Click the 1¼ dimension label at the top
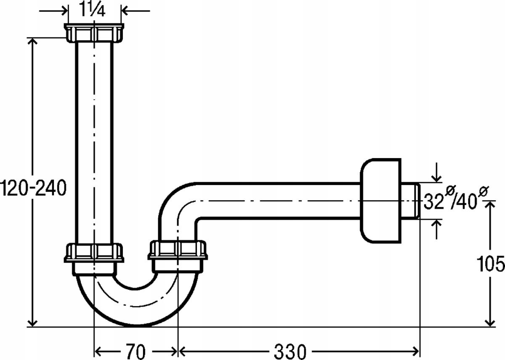pos(93,9)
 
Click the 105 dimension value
pos(490,263)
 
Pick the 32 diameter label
pos(434,201)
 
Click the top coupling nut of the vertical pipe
pos(94,33)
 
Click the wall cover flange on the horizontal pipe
pos(380,201)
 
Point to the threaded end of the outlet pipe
pos(417,201)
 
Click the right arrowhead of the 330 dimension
pos(415,351)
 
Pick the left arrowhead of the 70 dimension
pos(98,351)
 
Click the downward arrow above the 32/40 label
pos(437,172)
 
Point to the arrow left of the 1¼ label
pos(53,11)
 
